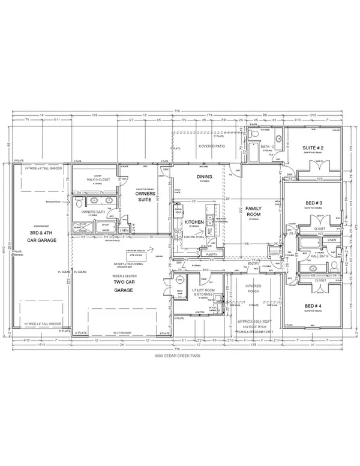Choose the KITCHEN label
tap(194, 221)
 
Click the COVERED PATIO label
tap(206, 146)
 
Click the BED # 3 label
tap(313, 203)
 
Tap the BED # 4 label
tap(313, 306)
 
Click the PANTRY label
tap(211, 254)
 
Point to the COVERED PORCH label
tap(254, 290)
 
